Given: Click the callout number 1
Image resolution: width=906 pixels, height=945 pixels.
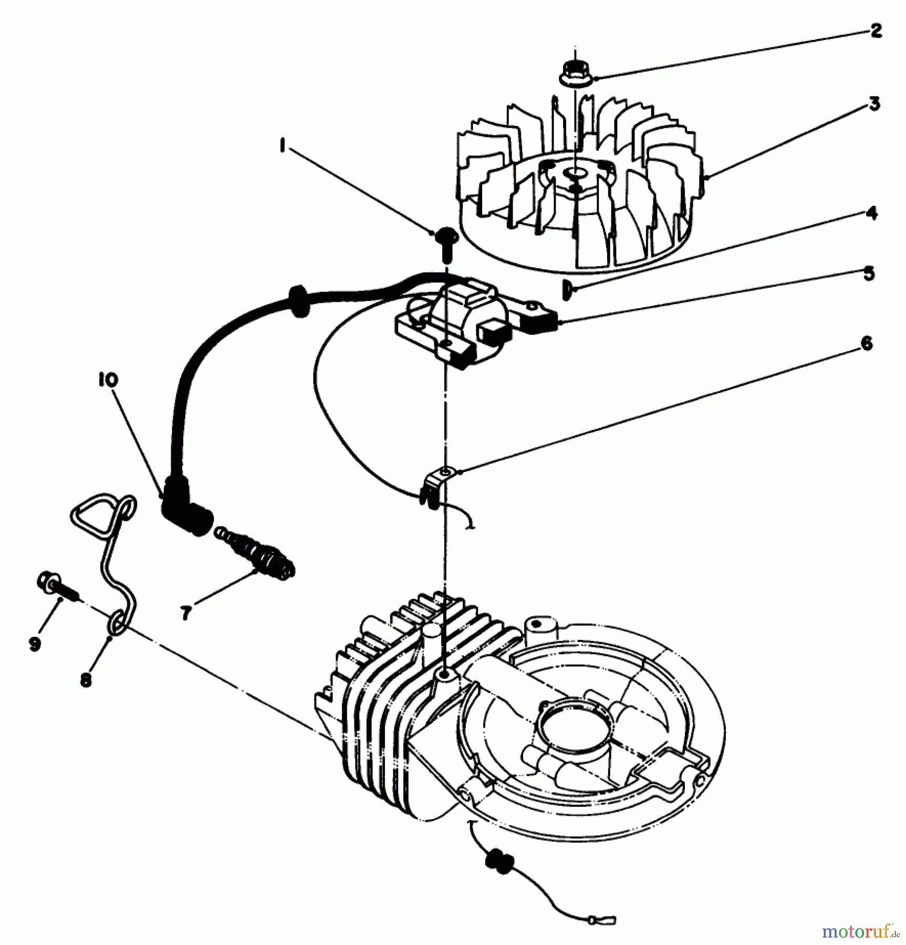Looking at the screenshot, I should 283,145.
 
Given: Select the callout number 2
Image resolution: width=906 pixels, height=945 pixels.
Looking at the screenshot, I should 876,31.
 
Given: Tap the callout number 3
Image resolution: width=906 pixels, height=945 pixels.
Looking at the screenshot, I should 874,104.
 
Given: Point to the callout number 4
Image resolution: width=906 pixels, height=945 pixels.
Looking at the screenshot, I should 871,213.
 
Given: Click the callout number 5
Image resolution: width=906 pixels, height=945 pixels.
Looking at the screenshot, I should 869,273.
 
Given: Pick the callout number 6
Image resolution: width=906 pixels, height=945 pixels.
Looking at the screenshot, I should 867,344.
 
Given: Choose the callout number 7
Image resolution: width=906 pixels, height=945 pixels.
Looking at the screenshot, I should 185,613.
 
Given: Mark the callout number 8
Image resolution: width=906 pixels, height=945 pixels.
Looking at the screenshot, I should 86,680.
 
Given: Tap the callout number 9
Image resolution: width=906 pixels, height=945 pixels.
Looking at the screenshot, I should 35,644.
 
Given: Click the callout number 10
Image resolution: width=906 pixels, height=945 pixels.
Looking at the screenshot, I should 108,380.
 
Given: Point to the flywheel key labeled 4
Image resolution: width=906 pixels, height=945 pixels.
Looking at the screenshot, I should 566,290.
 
